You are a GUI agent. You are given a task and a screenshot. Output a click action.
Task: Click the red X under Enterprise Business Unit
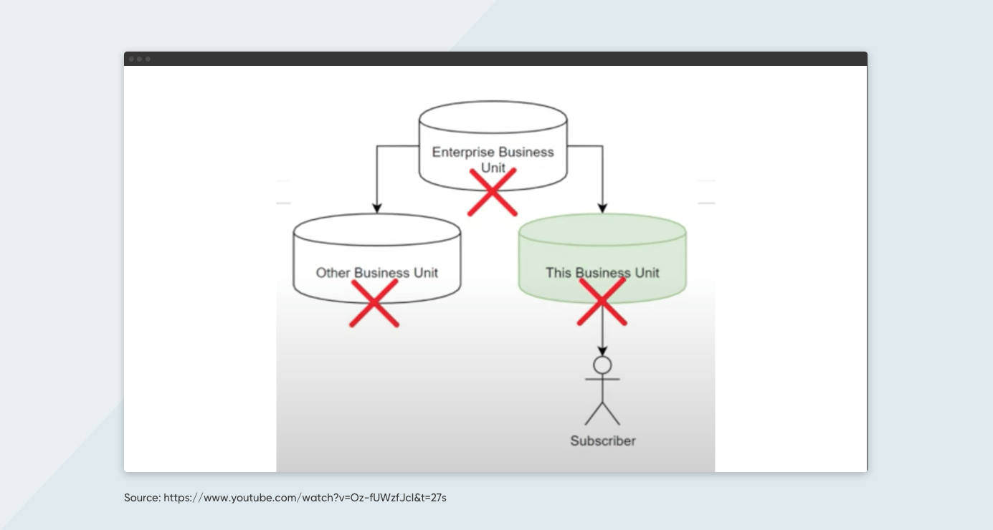493,192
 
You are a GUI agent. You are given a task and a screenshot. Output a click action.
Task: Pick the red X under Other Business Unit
374,303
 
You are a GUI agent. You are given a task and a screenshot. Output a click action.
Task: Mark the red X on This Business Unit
602,302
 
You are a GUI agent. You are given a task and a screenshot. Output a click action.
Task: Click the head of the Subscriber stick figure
602,365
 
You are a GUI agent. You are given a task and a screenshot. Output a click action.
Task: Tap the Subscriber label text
602,441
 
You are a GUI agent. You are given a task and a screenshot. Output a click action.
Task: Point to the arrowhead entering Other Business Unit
376,208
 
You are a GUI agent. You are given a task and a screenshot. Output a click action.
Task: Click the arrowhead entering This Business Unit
602,208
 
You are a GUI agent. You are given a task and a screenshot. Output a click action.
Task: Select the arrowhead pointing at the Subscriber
602,350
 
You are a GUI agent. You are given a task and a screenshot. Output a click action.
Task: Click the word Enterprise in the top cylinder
463,152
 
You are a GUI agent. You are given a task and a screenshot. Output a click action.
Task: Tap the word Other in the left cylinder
333,273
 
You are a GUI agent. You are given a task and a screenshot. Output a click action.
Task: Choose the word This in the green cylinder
559,273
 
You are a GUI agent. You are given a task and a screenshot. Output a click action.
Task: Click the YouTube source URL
305,497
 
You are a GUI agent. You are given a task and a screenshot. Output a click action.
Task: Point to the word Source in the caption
142,497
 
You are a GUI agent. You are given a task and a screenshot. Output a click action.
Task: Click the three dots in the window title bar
140,59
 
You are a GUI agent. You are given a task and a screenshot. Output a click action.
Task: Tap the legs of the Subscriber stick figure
602,413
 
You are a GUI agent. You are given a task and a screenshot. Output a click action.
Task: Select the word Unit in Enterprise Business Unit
493,168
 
